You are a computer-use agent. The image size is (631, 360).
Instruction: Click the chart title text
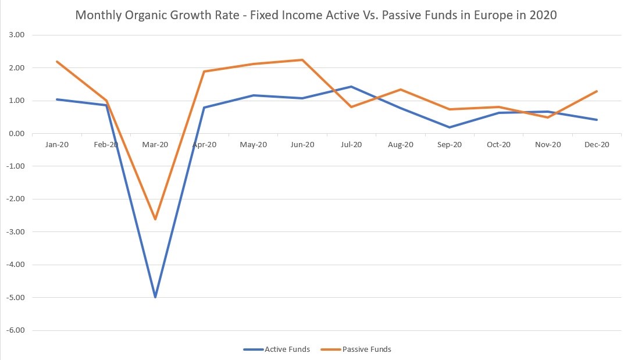click(316, 16)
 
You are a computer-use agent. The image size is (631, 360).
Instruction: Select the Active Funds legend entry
click(287, 350)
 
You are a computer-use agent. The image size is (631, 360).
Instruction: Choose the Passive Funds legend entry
click(367, 350)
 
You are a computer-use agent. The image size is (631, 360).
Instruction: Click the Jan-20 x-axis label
click(57, 145)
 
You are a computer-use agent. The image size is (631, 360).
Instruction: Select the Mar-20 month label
click(155, 145)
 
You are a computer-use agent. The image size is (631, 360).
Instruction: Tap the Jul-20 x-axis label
click(351, 145)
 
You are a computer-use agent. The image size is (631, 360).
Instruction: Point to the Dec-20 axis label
click(597, 145)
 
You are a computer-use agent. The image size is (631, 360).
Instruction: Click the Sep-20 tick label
click(450, 145)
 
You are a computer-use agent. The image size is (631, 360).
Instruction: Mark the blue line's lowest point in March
click(155, 297)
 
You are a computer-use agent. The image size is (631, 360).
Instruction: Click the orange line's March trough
click(155, 219)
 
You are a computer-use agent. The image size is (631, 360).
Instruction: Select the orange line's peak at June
click(302, 60)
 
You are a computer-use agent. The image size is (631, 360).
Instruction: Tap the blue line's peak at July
click(351, 87)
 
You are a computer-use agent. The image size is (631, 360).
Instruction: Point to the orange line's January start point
click(57, 62)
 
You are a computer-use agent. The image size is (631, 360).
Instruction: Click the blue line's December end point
click(597, 120)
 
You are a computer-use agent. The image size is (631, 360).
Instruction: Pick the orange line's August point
click(401, 90)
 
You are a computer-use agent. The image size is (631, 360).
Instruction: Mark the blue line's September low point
click(450, 127)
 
